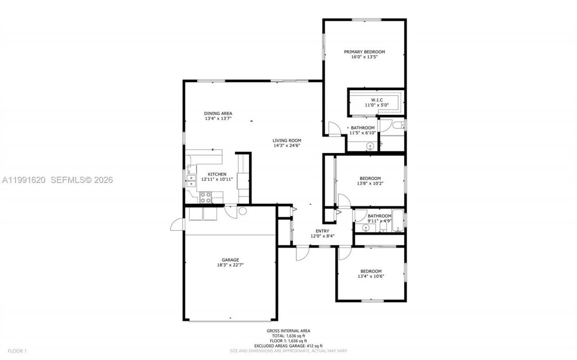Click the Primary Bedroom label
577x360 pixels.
[364, 52]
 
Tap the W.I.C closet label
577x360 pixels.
[376, 100]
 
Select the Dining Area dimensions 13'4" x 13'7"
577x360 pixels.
[218, 119]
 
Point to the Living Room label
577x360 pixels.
[287, 140]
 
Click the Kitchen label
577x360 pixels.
[217, 174]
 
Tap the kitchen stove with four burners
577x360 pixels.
[205, 197]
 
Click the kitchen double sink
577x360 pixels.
[190, 180]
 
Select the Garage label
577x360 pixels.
[230, 260]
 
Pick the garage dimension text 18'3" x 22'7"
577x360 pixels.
[230, 265]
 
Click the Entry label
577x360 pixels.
[322, 231]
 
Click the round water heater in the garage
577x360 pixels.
[243, 211]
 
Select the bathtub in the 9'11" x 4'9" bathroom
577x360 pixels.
[398, 221]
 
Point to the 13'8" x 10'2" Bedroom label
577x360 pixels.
[370, 178]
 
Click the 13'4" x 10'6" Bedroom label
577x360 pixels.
[371, 271]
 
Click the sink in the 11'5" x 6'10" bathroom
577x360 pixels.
[370, 146]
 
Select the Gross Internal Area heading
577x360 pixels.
[288, 331]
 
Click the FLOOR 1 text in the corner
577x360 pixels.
[18, 351]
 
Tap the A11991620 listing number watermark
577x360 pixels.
[23, 180]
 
